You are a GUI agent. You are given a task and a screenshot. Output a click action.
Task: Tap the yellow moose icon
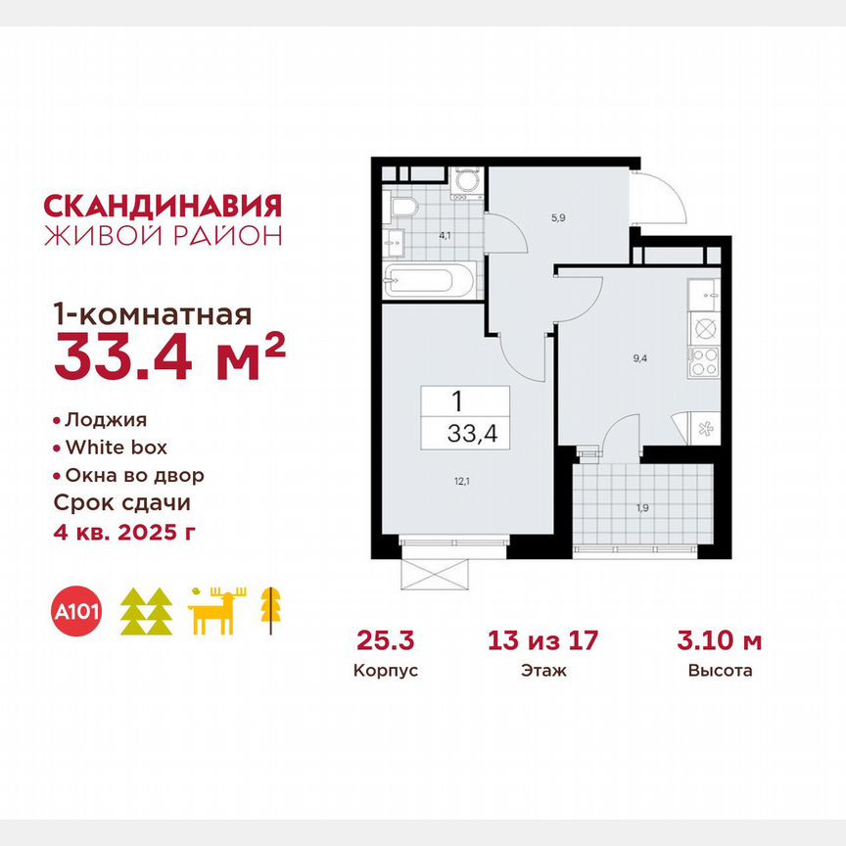click(x=217, y=611)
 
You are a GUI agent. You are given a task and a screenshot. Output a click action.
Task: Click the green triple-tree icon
click(x=146, y=612)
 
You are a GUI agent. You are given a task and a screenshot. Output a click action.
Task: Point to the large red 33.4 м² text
click(x=169, y=356)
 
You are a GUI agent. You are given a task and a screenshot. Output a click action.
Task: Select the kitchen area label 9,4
click(x=639, y=358)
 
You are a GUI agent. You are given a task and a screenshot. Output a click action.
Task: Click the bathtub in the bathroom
click(x=429, y=281)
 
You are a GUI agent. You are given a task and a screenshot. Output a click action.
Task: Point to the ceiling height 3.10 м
click(x=720, y=642)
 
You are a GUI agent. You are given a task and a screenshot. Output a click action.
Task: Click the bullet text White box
click(x=116, y=447)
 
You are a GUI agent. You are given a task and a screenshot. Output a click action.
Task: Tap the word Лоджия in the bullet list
click(x=105, y=420)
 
